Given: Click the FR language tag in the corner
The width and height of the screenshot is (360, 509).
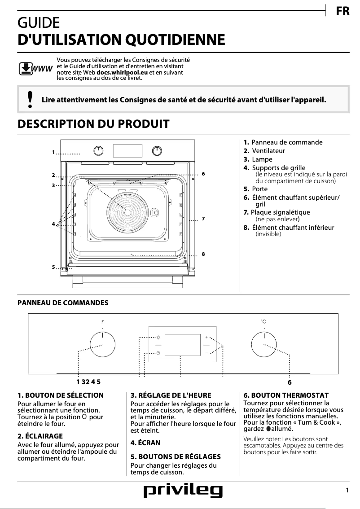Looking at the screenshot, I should coord(342,11).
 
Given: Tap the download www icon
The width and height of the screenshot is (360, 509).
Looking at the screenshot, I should coord(35,69).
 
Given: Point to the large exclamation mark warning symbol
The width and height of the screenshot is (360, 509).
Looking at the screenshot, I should coord(30,100).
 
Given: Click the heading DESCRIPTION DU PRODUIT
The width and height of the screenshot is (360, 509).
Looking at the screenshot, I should coord(93,124).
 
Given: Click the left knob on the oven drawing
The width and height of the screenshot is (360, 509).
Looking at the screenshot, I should coord(98,150).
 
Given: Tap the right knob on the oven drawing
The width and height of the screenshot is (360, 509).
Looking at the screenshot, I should coord(157,150).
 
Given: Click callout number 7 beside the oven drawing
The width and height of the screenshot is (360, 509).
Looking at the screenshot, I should coord(203,219).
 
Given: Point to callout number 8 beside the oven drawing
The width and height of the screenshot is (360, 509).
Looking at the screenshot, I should coord(203,254).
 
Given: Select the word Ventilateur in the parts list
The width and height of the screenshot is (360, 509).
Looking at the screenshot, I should coord(268,151).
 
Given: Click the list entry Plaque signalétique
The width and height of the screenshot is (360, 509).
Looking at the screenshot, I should coord(280,212).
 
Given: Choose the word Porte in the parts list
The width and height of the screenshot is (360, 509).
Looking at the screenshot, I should coord(259,189).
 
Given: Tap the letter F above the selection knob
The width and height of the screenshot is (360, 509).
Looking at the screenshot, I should coord(103,322).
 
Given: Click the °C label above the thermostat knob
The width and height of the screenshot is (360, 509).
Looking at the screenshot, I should coord(264,322).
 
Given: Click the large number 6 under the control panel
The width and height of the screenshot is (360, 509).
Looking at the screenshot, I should coord(290,382).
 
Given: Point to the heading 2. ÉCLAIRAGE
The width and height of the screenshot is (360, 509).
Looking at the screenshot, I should coord(40,436).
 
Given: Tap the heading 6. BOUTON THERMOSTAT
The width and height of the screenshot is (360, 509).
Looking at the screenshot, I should coord(286,395).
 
